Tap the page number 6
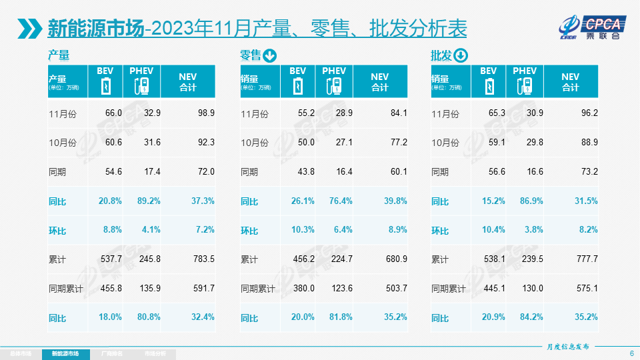pos(631,353)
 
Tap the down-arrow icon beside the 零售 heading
pos(270,55)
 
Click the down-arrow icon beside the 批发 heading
pos(461,55)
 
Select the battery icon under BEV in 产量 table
pos(105,87)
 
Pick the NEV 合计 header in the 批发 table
pos(571,81)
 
